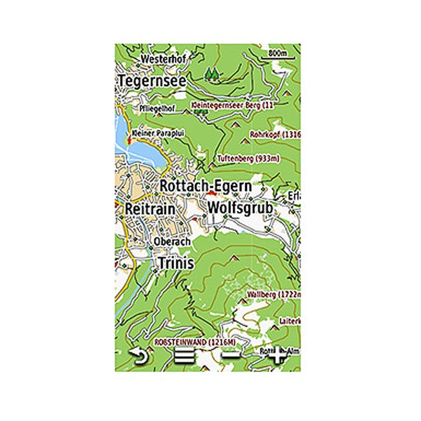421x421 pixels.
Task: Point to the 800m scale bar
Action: point(279,53)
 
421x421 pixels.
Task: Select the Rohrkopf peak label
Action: point(275,133)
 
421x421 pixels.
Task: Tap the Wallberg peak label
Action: point(274,293)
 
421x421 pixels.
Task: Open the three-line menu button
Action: point(185,356)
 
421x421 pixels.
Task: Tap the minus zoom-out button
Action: point(229,356)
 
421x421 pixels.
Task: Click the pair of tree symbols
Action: point(212,72)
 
